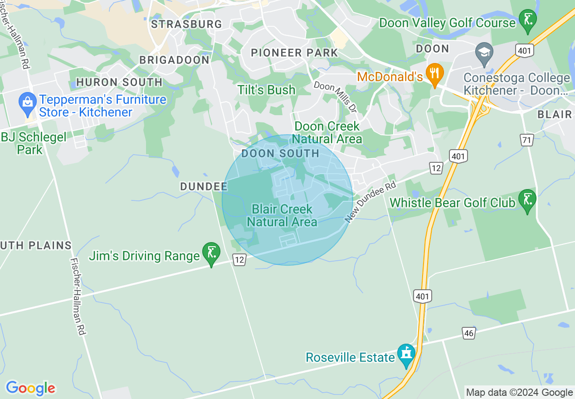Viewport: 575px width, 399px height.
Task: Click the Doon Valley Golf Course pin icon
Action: click(527, 20)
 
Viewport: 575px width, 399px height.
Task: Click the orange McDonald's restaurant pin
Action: click(435, 74)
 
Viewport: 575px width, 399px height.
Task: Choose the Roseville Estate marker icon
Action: click(406, 355)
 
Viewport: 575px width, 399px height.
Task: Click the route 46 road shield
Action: click(469, 333)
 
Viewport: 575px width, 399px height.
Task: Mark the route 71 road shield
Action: click(526, 140)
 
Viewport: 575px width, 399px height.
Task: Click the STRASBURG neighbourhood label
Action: click(186, 24)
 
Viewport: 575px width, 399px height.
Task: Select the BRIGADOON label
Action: click(174, 60)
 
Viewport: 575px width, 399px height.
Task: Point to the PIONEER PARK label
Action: click(294, 53)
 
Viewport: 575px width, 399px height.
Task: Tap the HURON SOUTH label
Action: click(119, 82)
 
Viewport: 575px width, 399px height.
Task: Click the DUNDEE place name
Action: click(204, 186)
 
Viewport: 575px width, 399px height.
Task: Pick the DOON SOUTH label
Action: click(280, 153)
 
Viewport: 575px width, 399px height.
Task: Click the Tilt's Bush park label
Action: click(266, 90)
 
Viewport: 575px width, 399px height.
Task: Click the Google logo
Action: click(30, 388)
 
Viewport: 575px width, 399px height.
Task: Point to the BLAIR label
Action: click(554, 114)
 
